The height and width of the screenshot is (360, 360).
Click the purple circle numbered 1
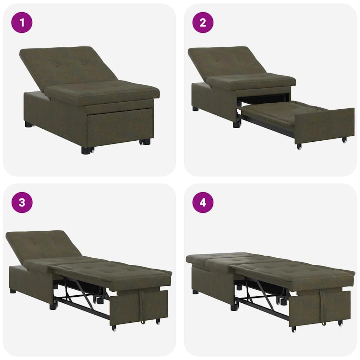coord(22,22)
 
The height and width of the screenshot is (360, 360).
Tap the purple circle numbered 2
coord(203,22)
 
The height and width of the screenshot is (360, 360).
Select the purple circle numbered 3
coord(22,202)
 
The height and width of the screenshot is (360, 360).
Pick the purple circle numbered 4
coord(203,202)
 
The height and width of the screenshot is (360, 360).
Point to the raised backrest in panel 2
coord(225,63)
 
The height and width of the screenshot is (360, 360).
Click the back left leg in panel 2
coord(195,109)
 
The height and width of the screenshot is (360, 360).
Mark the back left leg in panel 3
coord(13,291)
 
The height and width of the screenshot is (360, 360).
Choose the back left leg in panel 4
coord(195,291)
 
